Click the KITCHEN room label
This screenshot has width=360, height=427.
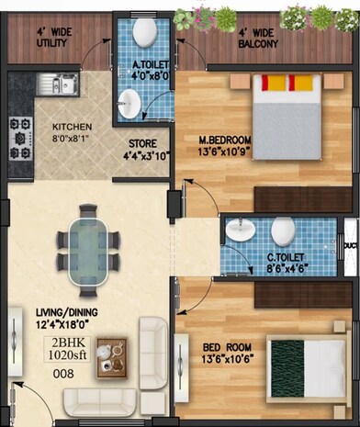point(71,128)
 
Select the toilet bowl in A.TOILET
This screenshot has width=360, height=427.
point(144,32)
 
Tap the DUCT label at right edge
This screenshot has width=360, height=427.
point(350,246)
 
